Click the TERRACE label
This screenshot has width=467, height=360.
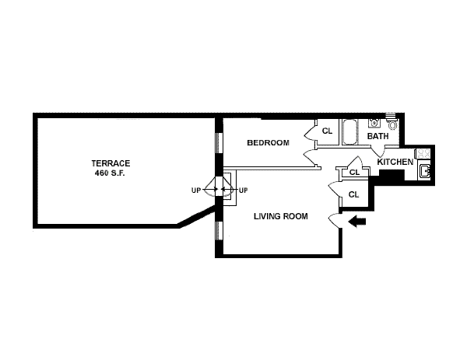111,163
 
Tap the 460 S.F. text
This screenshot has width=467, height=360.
111,172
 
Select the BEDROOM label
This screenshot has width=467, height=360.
268,142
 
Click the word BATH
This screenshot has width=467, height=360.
377,136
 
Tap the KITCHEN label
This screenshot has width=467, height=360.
395,162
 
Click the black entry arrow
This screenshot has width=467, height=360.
357,222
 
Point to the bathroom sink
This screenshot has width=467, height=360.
374,122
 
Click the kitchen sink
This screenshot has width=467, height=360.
425,173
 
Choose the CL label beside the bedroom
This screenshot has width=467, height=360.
327,131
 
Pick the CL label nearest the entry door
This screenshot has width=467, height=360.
353,194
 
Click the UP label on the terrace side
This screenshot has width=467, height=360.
196,190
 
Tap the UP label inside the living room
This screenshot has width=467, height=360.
243,190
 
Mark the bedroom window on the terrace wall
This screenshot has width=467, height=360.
218,144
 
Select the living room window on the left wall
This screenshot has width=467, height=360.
218,230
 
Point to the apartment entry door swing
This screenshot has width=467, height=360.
335,218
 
